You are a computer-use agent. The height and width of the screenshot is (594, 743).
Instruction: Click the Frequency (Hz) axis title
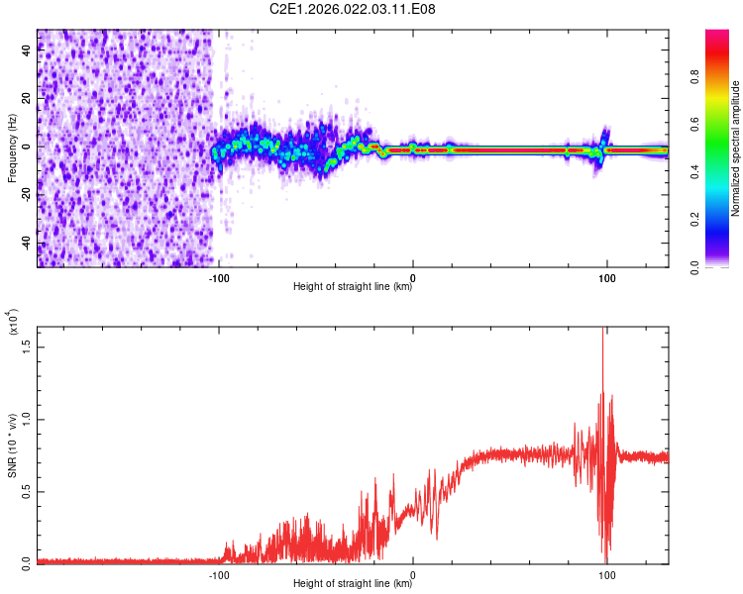(x=12, y=148)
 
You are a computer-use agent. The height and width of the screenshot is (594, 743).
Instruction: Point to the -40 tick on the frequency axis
(x=26, y=243)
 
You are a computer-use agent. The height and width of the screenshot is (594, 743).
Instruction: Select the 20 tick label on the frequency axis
(x=26, y=98)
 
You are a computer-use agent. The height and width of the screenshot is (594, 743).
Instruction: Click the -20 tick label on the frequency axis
(x=26, y=194)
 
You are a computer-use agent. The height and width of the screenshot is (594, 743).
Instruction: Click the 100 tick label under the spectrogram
(x=606, y=277)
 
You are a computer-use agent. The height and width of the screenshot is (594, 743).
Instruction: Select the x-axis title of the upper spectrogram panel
(x=353, y=288)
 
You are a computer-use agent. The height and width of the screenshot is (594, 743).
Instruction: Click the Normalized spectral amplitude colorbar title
(x=736, y=148)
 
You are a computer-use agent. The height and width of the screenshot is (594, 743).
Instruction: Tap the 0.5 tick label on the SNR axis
(x=26, y=491)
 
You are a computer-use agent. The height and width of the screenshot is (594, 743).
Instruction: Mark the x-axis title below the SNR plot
(x=353, y=584)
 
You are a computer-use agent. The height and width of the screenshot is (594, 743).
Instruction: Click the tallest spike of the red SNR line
(x=603, y=331)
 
